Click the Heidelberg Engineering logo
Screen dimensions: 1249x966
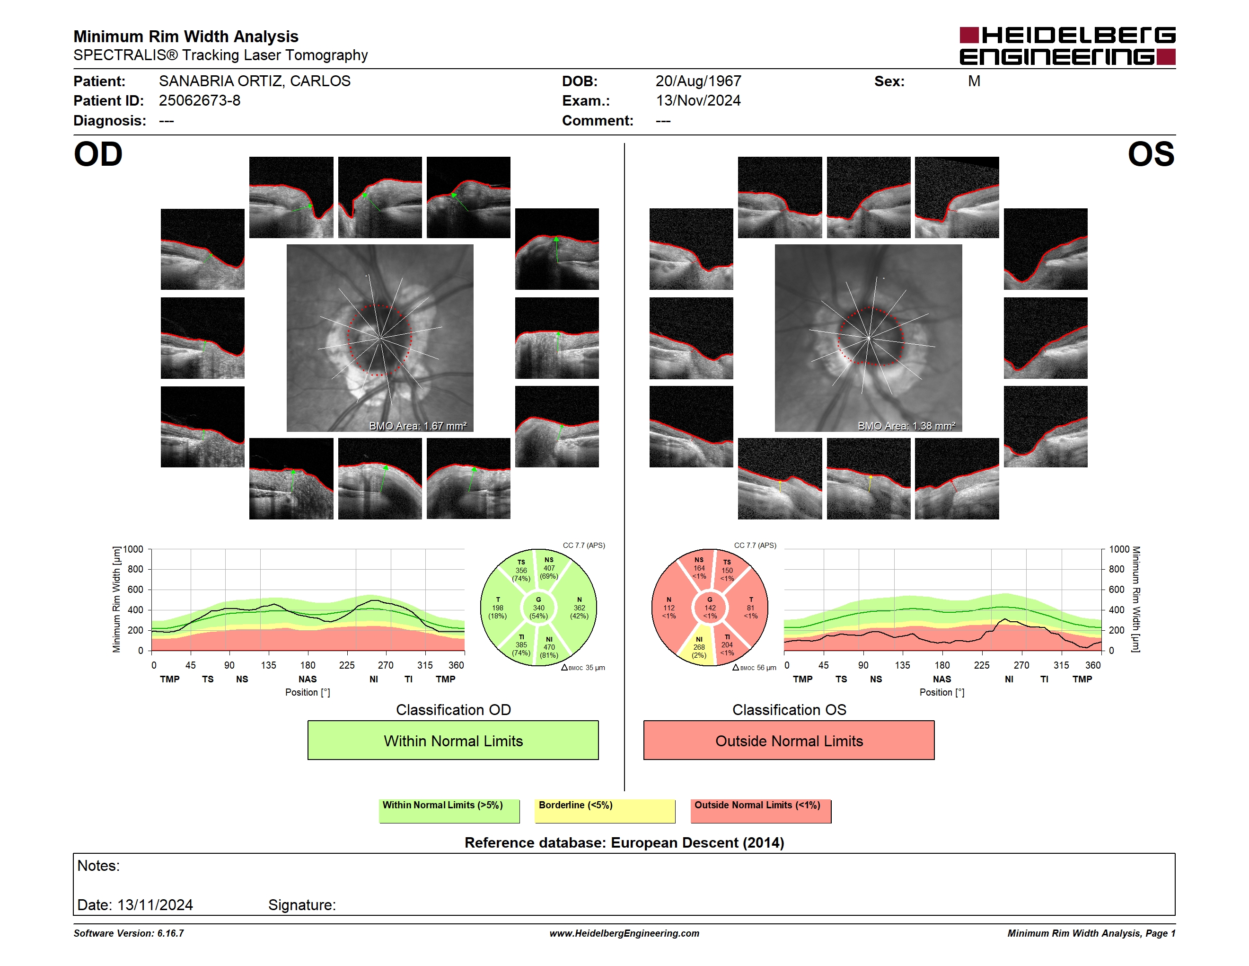click(1067, 46)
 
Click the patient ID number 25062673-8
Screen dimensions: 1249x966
click(200, 101)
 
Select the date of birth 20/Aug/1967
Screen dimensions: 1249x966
click(698, 81)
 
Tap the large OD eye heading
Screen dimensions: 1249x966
click(98, 154)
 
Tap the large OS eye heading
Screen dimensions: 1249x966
click(1151, 154)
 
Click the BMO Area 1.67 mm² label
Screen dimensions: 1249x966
click(417, 426)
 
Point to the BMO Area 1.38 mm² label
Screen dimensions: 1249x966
click(906, 426)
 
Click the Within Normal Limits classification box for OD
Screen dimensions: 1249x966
click(453, 741)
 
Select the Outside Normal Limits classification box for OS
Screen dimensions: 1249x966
click(789, 741)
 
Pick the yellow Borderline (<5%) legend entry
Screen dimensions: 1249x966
click(605, 811)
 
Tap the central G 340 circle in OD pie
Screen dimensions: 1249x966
click(538, 608)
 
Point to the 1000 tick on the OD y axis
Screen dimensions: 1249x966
click(133, 549)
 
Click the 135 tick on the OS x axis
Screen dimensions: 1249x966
click(902, 665)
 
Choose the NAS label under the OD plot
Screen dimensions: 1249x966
click(308, 680)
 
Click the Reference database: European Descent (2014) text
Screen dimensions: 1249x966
click(624, 843)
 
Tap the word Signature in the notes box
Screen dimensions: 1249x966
click(302, 905)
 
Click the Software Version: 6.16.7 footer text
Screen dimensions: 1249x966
click(129, 933)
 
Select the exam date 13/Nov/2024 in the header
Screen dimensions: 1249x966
click(698, 101)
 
